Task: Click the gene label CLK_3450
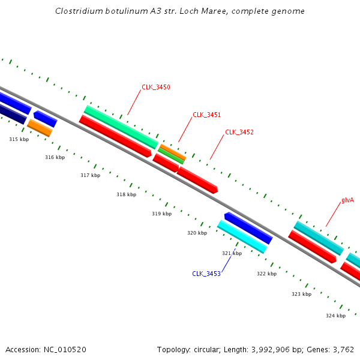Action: pos(156,87)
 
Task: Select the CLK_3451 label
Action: pos(206,115)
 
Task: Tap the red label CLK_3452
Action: pos(239,132)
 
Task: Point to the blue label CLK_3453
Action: pos(206,274)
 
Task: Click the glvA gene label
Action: pos(347,200)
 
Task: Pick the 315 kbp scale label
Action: pos(19,139)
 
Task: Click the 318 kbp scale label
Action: pos(126,194)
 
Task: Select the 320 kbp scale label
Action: pos(197,233)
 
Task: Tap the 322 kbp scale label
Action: pos(266,274)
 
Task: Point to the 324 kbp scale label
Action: pos(335,316)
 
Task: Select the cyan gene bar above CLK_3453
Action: pos(242,236)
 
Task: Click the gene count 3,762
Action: pos(344,349)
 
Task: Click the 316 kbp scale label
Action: pos(55,157)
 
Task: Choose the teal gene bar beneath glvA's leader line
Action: pos(319,238)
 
